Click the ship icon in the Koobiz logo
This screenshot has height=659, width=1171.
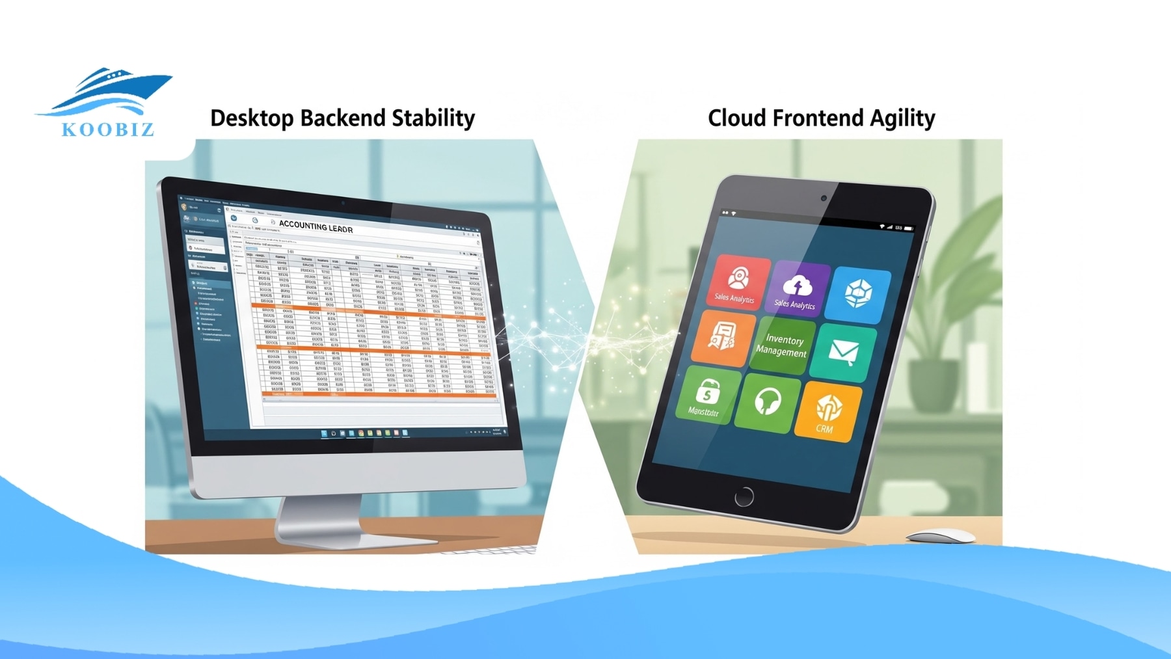pyautogui.click(x=107, y=91)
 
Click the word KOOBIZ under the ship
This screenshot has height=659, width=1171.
pyautogui.click(x=108, y=129)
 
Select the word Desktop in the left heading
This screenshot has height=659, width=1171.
pyautogui.click(x=252, y=118)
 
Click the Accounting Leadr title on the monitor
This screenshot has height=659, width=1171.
pyautogui.click(x=316, y=226)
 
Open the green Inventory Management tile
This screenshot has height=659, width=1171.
pyautogui.click(x=782, y=345)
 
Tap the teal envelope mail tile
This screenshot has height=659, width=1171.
pyautogui.click(x=843, y=353)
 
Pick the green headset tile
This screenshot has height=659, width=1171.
pyautogui.click(x=768, y=402)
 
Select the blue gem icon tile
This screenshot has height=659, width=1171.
pyautogui.click(x=858, y=295)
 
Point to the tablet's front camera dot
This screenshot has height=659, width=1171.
pyautogui.click(x=824, y=198)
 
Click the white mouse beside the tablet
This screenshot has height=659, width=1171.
pyautogui.click(x=941, y=536)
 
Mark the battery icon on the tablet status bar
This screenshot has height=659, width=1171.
pyautogui.click(x=908, y=228)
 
